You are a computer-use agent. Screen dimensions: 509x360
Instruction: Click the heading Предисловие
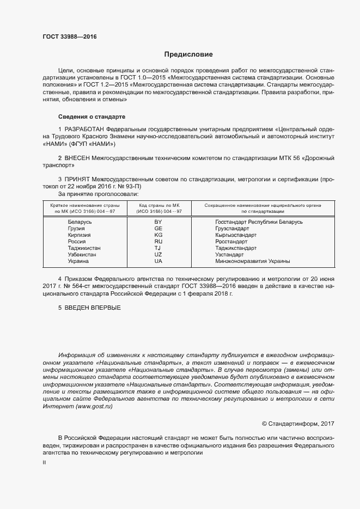tap(188, 54)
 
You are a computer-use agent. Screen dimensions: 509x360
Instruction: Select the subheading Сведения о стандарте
tap(91, 117)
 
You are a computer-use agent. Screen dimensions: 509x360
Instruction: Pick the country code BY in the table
tap(158, 222)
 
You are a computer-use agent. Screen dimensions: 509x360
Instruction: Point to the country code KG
tap(158, 235)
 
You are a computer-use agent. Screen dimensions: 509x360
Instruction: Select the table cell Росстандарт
tap(232, 242)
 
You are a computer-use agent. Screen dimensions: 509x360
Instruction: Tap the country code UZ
tap(158, 255)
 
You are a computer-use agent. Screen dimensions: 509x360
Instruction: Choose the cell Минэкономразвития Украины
tap(252, 261)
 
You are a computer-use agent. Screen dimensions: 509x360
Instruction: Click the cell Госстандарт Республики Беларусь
tap(259, 222)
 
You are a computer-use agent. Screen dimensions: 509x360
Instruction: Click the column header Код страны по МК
tap(158, 205)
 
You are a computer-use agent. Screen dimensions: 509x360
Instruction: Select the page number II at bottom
tap(45, 462)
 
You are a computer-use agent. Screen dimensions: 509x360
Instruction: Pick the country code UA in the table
tap(158, 261)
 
